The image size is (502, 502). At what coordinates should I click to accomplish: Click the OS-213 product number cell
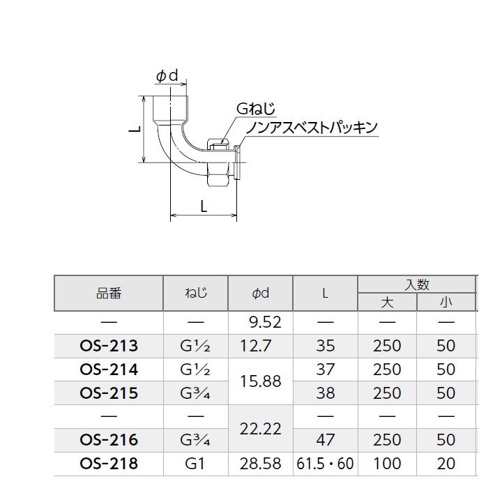[109, 346]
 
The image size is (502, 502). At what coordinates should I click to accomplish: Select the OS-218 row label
[109, 464]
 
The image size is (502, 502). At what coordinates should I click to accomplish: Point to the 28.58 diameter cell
[260, 464]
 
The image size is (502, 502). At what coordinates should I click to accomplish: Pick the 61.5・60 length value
[325, 464]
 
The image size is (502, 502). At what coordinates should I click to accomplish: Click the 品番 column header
[109, 294]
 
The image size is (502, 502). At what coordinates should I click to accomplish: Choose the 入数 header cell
[416, 284]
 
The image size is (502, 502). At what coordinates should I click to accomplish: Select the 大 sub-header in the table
[387, 303]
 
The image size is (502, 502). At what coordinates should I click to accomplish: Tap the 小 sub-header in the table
[446, 303]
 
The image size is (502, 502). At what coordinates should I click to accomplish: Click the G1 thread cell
[195, 464]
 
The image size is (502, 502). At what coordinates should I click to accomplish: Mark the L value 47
[325, 440]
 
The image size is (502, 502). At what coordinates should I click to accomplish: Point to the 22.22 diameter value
[260, 428]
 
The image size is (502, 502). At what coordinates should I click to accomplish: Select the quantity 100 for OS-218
[387, 464]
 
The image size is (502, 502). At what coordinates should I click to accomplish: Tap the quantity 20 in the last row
[446, 464]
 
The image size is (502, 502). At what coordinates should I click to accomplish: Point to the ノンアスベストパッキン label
[311, 127]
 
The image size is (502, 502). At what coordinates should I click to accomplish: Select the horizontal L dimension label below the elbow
[203, 206]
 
